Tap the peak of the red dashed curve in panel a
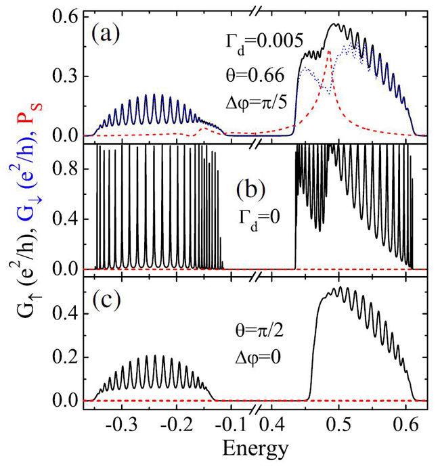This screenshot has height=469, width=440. (329, 51)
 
